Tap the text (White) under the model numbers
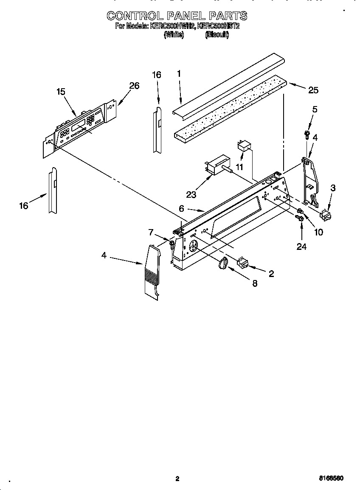(x=174, y=36)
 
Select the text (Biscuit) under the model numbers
(x=217, y=36)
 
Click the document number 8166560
(x=331, y=479)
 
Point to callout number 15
(x=61, y=91)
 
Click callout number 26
(x=134, y=86)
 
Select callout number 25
(x=313, y=90)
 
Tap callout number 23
(x=191, y=195)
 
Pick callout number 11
(x=240, y=167)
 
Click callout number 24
(x=301, y=246)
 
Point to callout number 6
(x=181, y=208)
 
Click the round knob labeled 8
(x=223, y=264)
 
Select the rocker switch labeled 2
(x=243, y=263)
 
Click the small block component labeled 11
(x=244, y=147)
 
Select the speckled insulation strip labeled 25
(x=229, y=107)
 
